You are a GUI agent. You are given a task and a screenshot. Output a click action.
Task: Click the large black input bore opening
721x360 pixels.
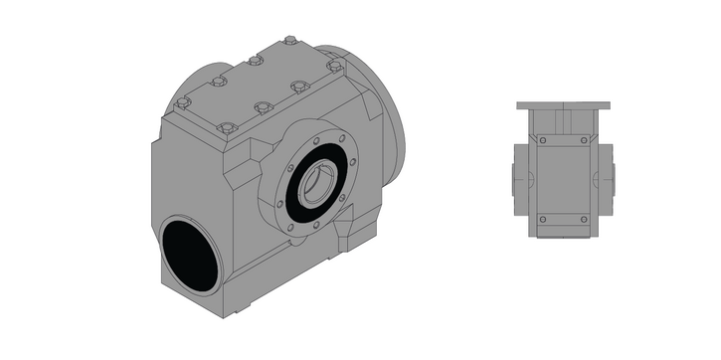click(188, 255)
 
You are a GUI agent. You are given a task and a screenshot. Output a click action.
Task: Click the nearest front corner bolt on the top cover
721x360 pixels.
click(227, 127)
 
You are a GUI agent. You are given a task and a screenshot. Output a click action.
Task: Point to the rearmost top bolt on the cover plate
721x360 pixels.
click(289, 41)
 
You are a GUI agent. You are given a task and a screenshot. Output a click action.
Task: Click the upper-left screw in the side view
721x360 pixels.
click(543, 142)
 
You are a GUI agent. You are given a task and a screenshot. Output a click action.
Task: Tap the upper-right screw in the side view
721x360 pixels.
click(584, 142)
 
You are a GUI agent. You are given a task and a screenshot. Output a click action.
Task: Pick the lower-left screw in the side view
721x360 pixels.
click(543, 218)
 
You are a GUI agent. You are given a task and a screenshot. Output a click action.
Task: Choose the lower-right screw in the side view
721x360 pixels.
click(584, 218)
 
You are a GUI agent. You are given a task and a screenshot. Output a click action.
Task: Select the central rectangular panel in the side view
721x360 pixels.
click(563, 179)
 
